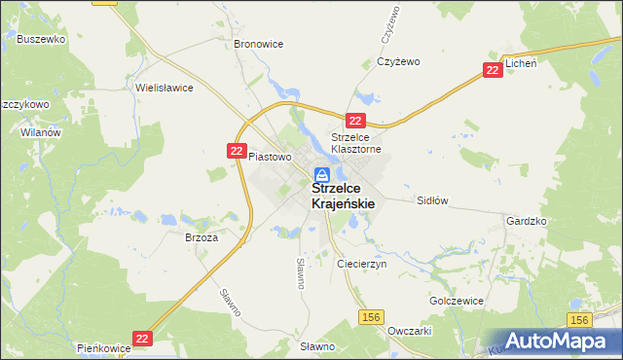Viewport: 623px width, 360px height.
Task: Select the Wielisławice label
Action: [x=165, y=88]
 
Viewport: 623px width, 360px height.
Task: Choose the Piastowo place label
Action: [x=270, y=156]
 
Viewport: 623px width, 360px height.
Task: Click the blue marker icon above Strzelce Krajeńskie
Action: [x=321, y=176]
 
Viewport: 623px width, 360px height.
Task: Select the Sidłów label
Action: [x=431, y=200]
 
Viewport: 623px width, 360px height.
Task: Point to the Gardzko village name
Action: [x=527, y=221]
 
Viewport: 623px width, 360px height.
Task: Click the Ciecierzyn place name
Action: [x=361, y=264]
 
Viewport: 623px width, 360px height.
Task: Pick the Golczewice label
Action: [x=457, y=301]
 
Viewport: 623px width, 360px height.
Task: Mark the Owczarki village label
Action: [x=409, y=331]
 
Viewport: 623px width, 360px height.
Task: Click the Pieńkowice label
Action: [x=103, y=346]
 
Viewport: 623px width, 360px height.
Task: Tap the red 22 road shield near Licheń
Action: [x=494, y=70]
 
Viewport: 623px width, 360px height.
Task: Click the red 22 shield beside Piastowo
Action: [x=237, y=150]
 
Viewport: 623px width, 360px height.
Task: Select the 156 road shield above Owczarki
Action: [x=370, y=317]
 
